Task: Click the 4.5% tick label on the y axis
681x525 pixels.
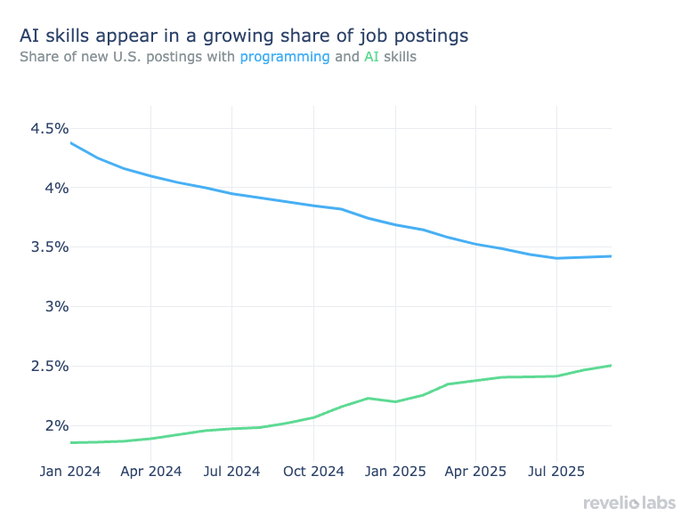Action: [x=49, y=129]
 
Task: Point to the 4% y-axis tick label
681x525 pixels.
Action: [x=55, y=188]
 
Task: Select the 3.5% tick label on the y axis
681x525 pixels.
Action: [x=49, y=247]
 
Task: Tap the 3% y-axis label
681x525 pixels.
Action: [x=55, y=307]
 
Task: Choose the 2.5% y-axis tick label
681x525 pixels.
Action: [x=49, y=367]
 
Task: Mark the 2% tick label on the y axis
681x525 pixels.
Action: [x=55, y=426]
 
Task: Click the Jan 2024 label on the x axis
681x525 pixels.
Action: [x=70, y=471]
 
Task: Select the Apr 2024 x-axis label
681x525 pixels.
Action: [x=150, y=471]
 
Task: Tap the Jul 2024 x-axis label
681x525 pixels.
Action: [x=231, y=471]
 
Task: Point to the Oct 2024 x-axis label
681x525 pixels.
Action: [x=313, y=471]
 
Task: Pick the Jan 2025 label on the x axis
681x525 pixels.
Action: [x=395, y=471]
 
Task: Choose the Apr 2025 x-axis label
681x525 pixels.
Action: [x=475, y=471]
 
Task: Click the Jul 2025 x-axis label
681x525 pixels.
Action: [x=556, y=471]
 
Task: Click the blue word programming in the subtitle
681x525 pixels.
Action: [x=285, y=57]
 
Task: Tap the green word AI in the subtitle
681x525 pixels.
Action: [x=371, y=57]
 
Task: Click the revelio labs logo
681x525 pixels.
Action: [x=628, y=504]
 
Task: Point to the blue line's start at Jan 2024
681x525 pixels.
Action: [x=70, y=142]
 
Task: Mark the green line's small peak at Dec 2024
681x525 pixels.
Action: [x=369, y=398]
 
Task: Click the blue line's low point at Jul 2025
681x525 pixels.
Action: [x=556, y=258]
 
